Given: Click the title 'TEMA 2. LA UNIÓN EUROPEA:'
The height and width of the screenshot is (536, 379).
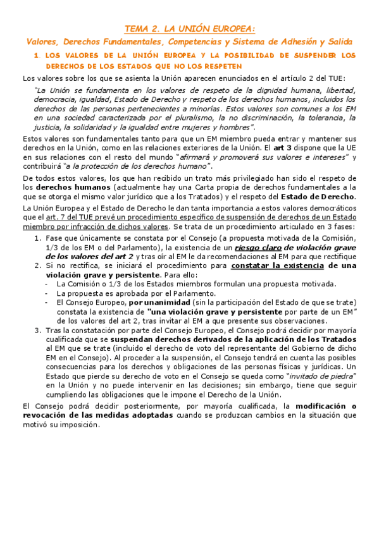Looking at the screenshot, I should (190, 28).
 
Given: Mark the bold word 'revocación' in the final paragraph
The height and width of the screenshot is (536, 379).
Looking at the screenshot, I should (47, 415).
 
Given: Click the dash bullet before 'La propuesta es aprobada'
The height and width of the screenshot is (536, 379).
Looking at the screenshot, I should (47, 294).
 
